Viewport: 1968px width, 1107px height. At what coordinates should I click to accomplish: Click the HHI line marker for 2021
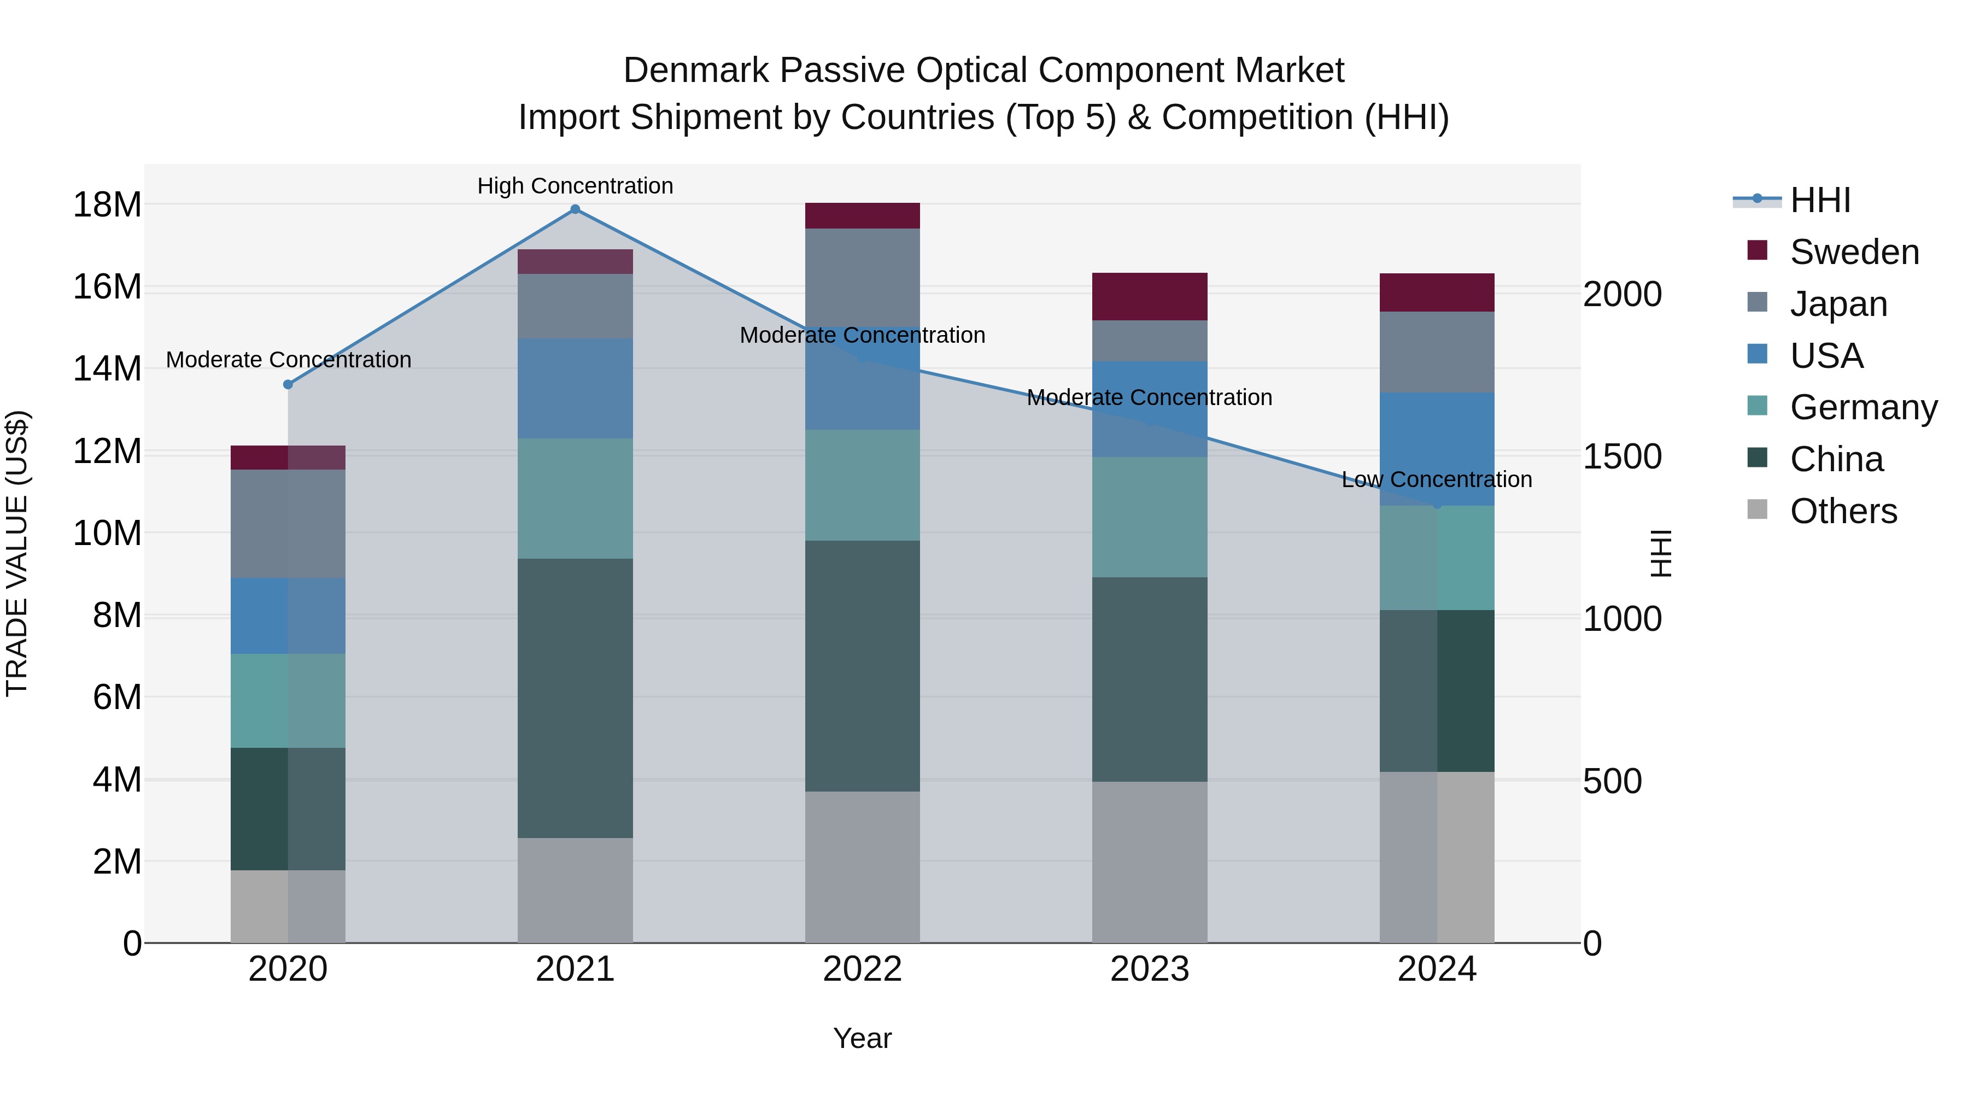(x=575, y=209)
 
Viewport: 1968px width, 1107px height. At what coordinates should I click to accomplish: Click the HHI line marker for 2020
(x=288, y=384)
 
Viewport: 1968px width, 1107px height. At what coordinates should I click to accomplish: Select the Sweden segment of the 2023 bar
(x=1149, y=296)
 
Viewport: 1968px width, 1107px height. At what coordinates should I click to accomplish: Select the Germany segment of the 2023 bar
(x=1149, y=517)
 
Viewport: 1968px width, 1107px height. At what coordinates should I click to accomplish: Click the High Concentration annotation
(x=575, y=186)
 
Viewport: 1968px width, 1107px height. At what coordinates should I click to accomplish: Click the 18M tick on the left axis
(x=107, y=205)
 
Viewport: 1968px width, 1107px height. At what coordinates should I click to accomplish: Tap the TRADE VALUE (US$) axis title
(x=17, y=553)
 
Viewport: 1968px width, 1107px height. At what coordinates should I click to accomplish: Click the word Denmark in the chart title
(x=696, y=71)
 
